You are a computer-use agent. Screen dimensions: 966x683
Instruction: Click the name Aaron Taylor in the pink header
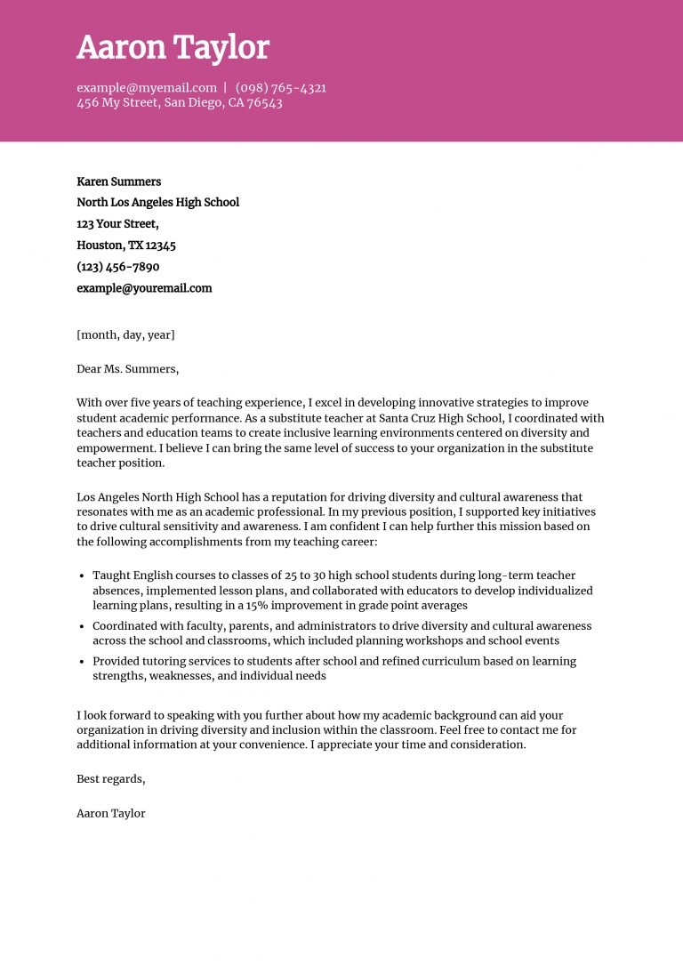[x=173, y=48]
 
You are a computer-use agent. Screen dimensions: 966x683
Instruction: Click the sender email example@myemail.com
[x=147, y=88]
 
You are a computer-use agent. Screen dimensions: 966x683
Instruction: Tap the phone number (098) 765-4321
[x=280, y=88]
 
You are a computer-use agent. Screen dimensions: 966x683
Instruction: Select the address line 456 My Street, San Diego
[x=179, y=103]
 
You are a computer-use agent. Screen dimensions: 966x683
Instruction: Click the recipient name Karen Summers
[x=118, y=181]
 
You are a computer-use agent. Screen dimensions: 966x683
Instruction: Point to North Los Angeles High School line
[x=157, y=203]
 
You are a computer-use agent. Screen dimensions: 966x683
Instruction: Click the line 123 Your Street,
[x=117, y=224]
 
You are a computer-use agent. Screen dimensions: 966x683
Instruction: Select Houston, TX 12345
[x=126, y=246]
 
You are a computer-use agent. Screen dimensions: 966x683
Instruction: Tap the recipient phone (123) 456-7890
[x=118, y=267]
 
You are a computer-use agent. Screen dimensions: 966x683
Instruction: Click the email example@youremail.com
[x=144, y=288]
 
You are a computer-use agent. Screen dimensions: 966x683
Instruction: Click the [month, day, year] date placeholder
[x=125, y=335]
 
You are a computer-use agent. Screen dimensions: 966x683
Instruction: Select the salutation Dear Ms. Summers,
[x=127, y=369]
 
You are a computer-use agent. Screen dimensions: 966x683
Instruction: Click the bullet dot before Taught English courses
[x=83, y=576]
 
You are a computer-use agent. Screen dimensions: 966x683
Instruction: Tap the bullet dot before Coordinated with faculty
[x=83, y=626]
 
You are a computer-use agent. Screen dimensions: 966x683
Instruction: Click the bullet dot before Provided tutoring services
[x=83, y=662]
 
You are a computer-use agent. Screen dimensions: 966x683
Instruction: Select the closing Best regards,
[x=110, y=779]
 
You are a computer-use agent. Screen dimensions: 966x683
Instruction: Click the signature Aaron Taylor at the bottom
[x=110, y=813]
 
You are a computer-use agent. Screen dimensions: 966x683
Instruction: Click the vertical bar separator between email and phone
[x=225, y=88]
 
